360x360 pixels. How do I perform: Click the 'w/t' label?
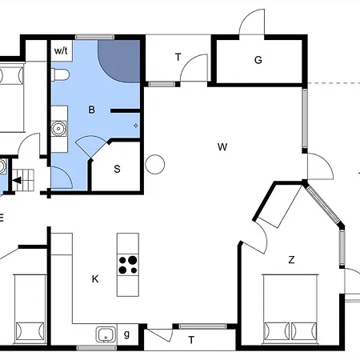tap(62, 50)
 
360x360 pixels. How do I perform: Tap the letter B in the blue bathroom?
tap(91, 111)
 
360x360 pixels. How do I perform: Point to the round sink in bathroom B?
tap(58, 127)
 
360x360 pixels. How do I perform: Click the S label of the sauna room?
tap(117, 169)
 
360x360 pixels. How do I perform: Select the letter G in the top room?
tap(258, 60)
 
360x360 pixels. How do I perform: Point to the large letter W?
tap(222, 146)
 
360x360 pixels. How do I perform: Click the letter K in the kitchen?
tap(94, 278)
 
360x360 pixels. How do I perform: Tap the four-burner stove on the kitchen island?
tap(127, 265)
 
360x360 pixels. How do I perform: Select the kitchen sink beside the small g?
tap(104, 334)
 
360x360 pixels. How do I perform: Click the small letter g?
tap(126, 334)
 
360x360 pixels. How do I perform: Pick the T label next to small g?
tap(191, 340)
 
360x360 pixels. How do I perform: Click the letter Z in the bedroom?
tap(291, 259)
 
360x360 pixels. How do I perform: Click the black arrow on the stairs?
tap(18, 181)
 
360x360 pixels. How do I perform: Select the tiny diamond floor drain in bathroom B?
tap(135, 126)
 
